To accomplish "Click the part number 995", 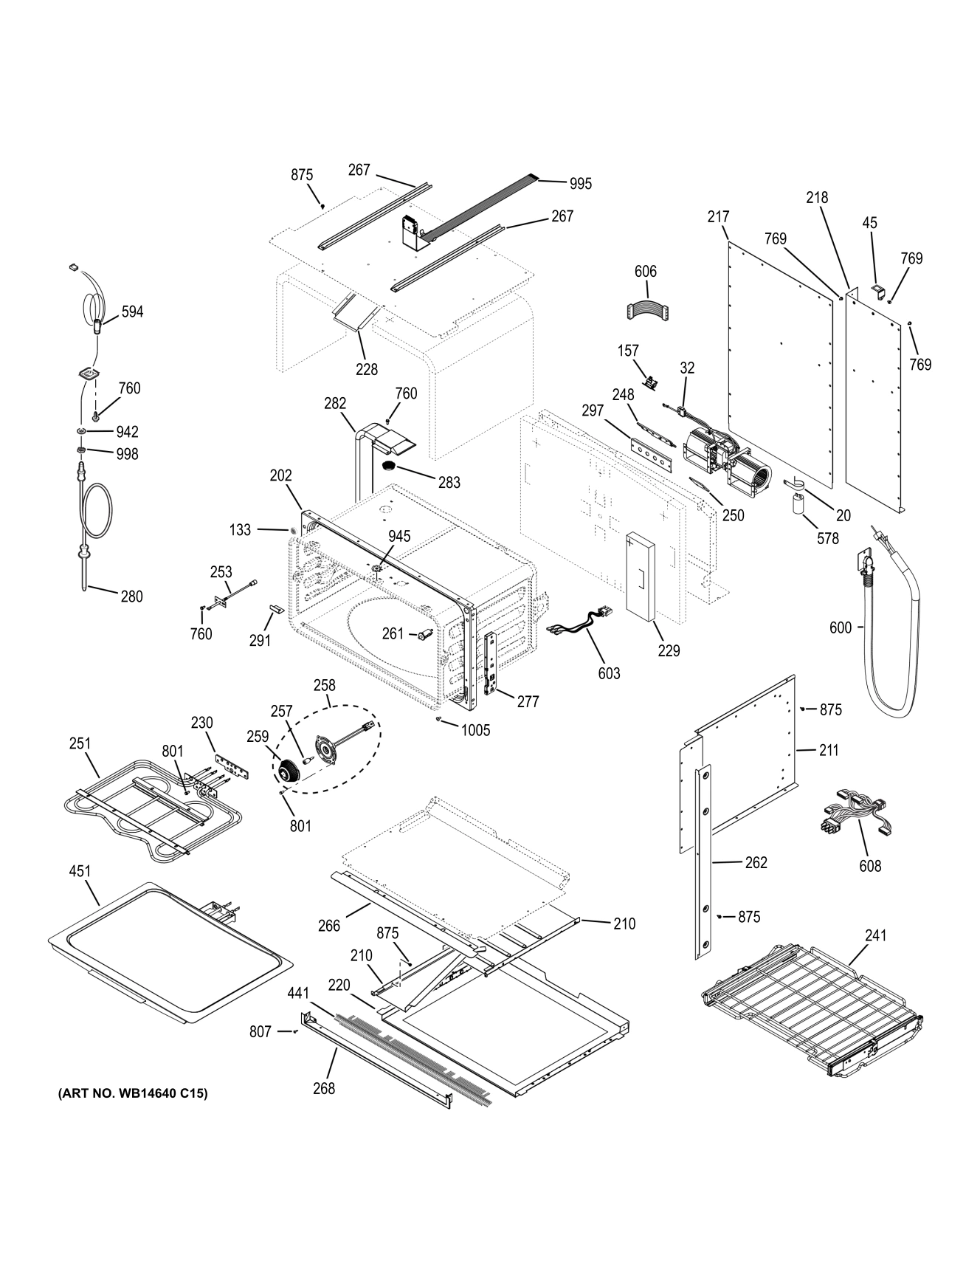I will [580, 184].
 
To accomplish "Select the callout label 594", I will [132, 312].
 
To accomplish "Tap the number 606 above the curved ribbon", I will [645, 272].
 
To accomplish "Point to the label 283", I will [449, 483].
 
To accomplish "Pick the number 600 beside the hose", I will [841, 627].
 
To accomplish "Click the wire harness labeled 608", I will [852, 818].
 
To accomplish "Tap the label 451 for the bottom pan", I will [80, 871].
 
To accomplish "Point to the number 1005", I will [475, 731].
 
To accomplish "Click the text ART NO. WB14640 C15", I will [133, 1093].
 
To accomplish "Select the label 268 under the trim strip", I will [323, 1087].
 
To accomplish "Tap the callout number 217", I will [718, 216].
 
